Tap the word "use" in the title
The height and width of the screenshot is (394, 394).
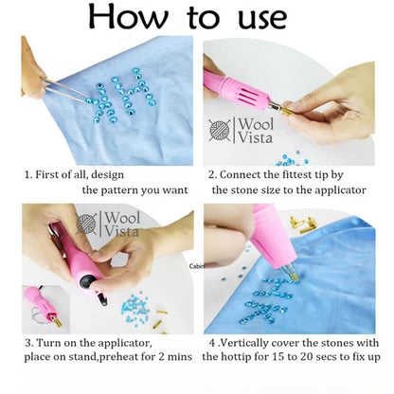tap(262, 19)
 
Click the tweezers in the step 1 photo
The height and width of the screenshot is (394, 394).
tap(65, 91)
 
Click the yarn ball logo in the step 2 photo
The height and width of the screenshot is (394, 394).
tap(220, 130)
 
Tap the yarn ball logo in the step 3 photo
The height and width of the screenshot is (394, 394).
tap(86, 224)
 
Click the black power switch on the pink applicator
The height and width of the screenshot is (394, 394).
tap(88, 280)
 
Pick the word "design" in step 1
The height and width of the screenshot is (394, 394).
tap(107, 175)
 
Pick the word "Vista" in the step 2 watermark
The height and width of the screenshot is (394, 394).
tap(255, 137)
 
